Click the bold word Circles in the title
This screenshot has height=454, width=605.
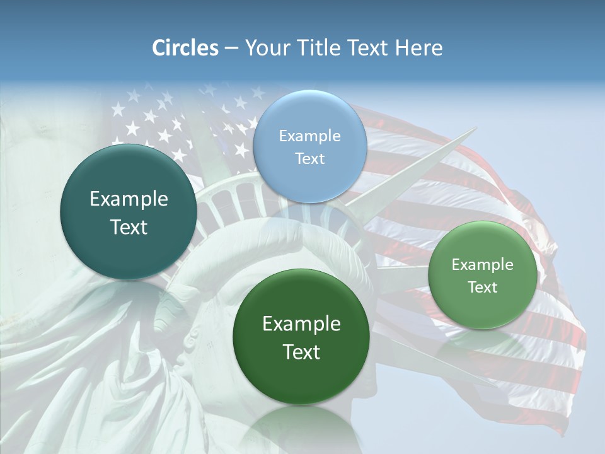[x=185, y=48]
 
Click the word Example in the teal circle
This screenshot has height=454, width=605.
[x=129, y=199]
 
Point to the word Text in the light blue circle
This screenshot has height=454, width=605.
[x=309, y=159]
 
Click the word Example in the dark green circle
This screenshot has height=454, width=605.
[x=301, y=324]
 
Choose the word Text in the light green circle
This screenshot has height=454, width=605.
[x=483, y=288]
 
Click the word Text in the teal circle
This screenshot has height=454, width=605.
[x=129, y=227]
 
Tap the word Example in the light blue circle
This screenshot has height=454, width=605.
[x=309, y=136]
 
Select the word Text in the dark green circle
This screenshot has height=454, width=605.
[x=301, y=352]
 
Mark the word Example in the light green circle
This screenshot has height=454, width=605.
[x=483, y=265]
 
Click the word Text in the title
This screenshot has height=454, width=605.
[x=367, y=48]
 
